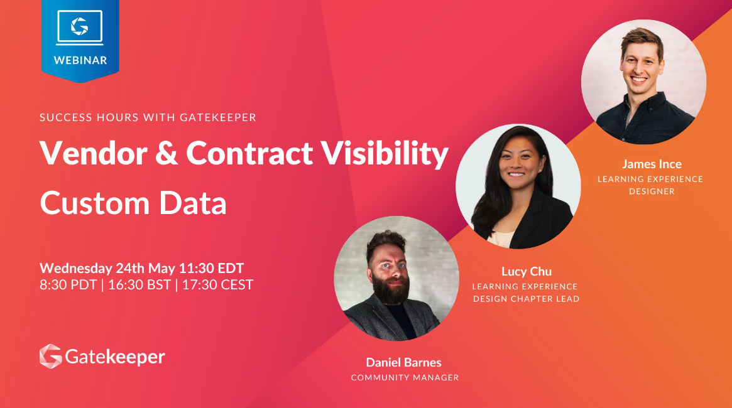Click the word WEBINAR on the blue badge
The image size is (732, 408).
point(80,60)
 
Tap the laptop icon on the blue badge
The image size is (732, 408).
point(79,28)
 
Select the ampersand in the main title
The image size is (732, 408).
point(167,153)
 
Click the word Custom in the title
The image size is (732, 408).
point(94,203)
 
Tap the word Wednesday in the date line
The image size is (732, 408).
point(76,268)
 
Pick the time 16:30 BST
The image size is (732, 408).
point(139,284)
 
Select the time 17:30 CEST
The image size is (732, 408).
point(217,284)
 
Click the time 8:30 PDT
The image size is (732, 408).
point(68,284)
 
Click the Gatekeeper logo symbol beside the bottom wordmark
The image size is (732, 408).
point(51,357)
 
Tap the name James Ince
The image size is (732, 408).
point(652,164)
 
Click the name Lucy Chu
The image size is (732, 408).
point(527,271)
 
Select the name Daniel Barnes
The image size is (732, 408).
point(404,362)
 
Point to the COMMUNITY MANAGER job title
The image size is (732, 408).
point(405,377)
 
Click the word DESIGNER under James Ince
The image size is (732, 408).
point(652,191)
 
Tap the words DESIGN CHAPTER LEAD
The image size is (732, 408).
point(526,299)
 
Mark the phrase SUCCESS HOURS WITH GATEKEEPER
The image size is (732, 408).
point(148,117)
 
